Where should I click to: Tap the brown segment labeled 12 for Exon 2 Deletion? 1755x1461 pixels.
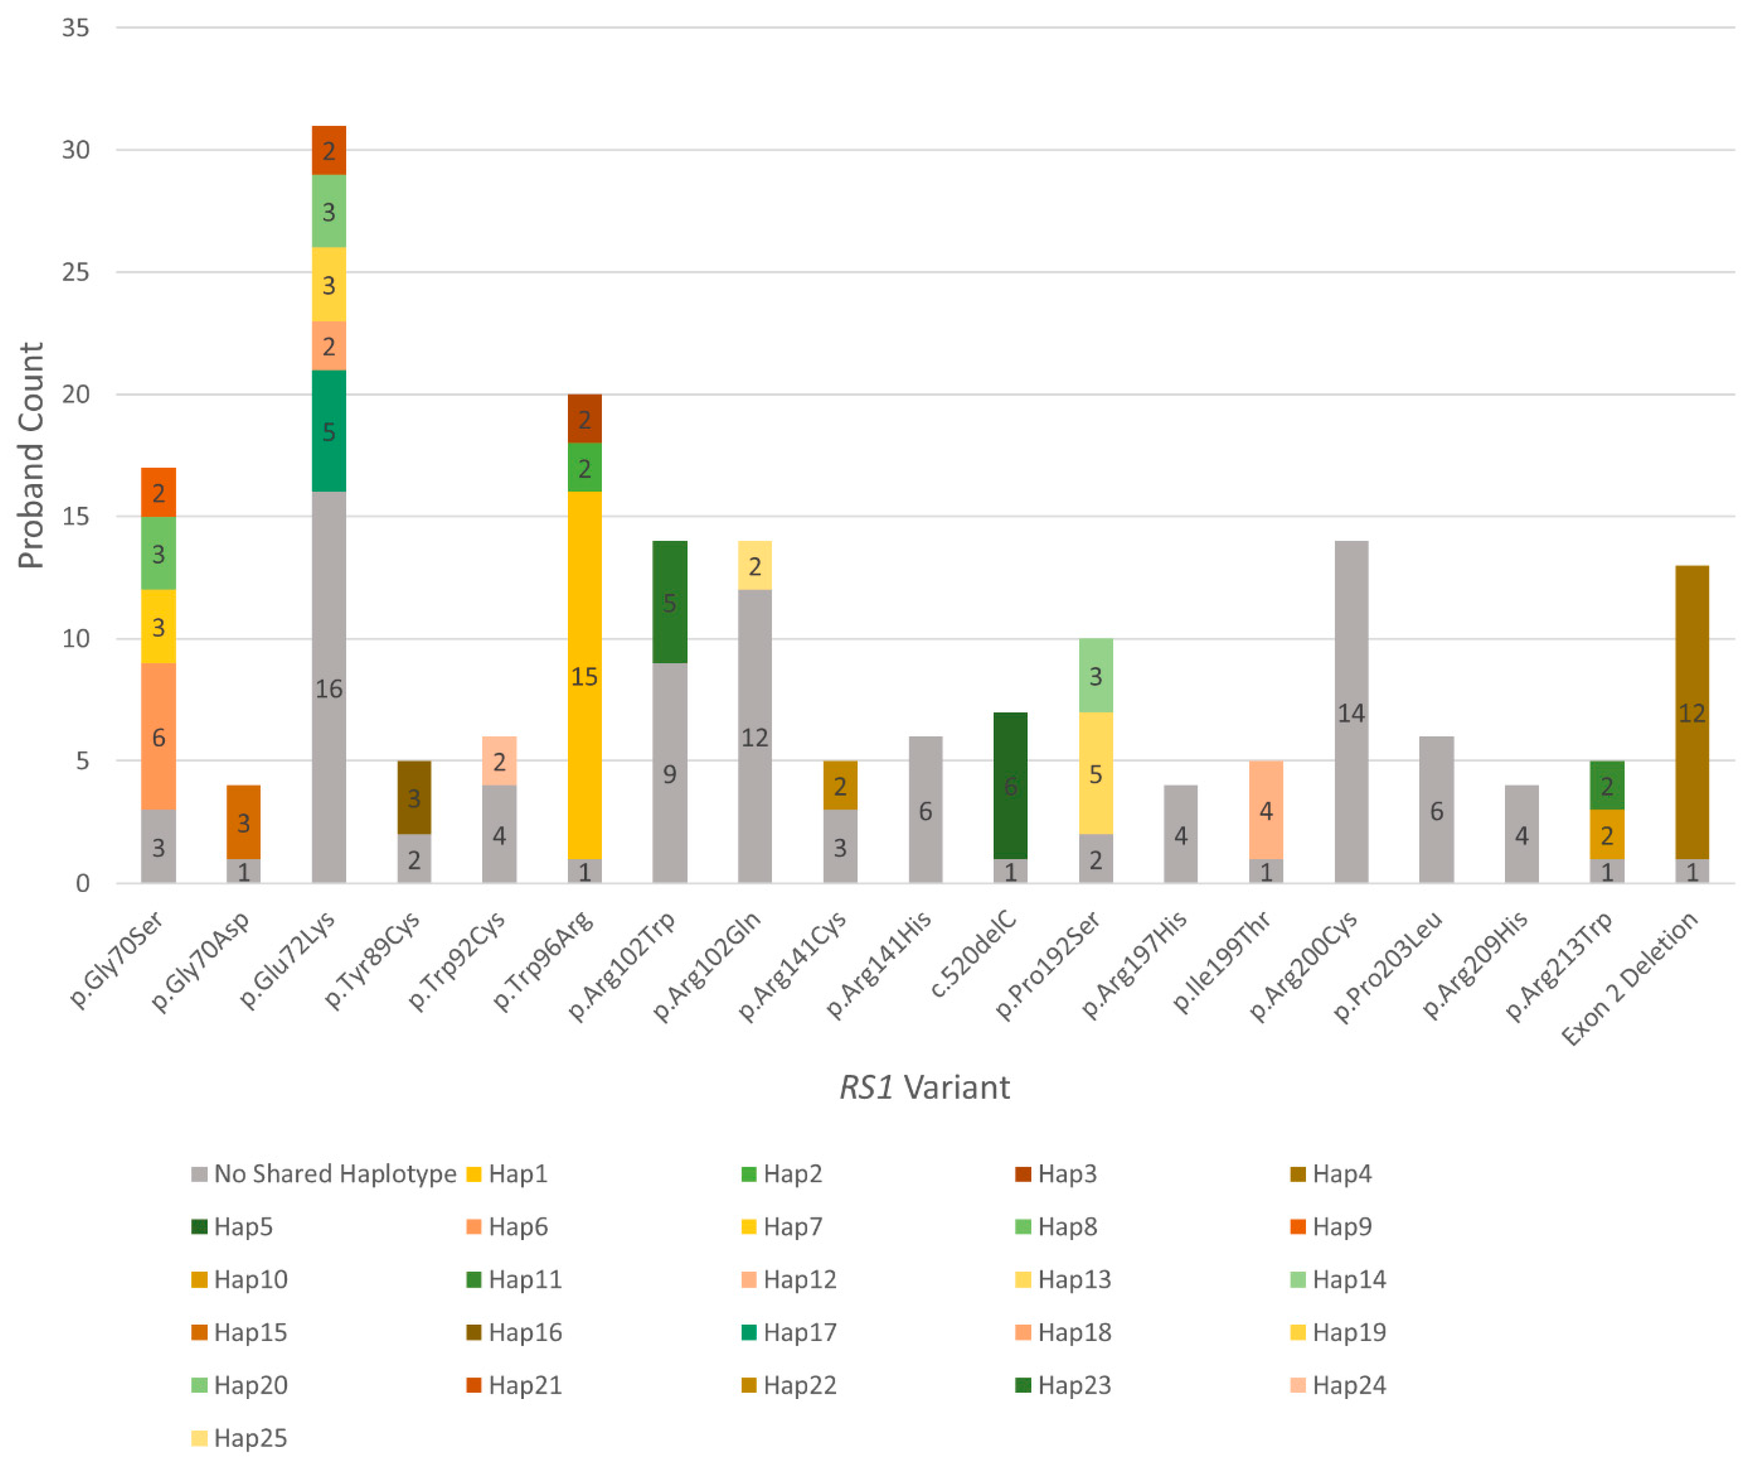tap(1691, 712)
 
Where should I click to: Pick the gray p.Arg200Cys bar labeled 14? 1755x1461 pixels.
tap(1351, 712)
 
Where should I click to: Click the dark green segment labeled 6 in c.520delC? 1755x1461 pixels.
tap(1010, 786)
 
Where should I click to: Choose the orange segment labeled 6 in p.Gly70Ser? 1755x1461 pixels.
tap(158, 736)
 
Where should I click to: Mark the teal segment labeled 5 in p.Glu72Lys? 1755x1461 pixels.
tap(329, 431)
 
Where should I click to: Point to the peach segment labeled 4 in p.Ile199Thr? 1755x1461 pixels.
tap(1266, 810)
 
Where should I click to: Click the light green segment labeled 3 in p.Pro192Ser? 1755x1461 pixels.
tap(1096, 675)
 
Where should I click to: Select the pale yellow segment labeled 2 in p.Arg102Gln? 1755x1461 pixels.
tap(755, 566)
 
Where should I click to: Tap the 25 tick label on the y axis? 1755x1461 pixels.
tap(75, 272)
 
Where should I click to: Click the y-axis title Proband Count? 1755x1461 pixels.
tap(31, 455)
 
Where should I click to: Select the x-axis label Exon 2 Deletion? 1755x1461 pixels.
tap(1630, 978)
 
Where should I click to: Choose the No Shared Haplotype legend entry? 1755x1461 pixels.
tap(324, 1173)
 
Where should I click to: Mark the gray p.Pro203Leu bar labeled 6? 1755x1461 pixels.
tap(1437, 810)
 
